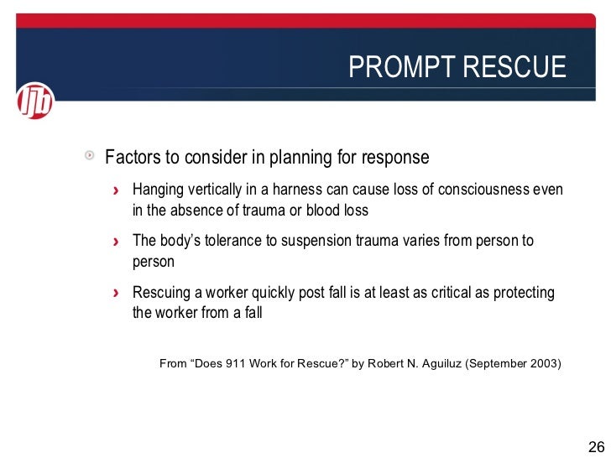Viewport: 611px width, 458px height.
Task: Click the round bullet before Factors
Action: point(89,157)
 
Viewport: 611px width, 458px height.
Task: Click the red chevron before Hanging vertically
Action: point(117,190)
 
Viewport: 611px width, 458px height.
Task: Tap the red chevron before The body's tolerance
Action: point(117,242)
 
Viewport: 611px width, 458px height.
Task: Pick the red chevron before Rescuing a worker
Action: point(117,294)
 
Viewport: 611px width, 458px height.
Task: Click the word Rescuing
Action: point(163,293)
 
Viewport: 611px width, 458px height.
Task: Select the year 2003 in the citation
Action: point(540,363)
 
